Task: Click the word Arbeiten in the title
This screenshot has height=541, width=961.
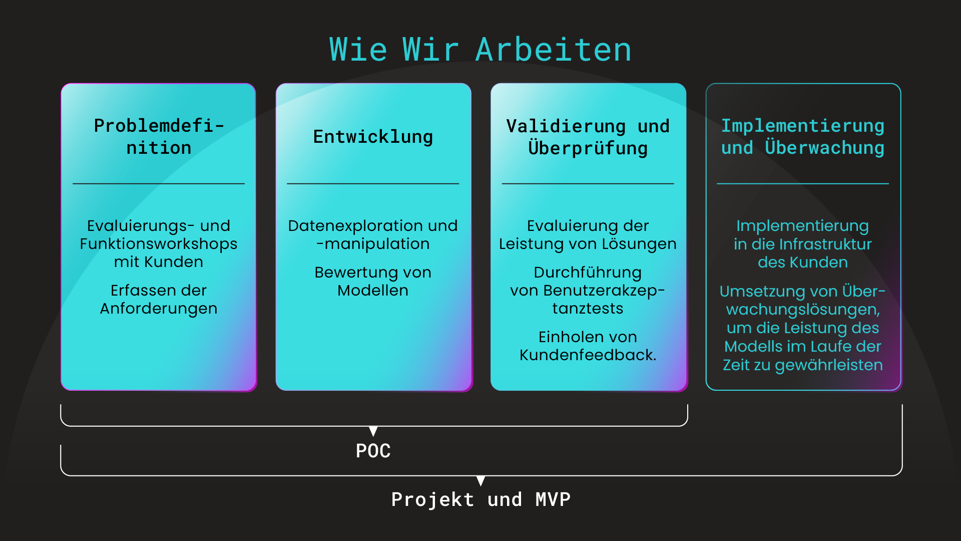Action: pyautogui.click(x=554, y=50)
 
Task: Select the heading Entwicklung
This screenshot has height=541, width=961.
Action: pyautogui.click(x=373, y=137)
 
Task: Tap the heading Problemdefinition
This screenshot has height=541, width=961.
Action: pyautogui.click(x=159, y=136)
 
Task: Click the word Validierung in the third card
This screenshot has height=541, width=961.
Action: pyautogui.click(x=566, y=126)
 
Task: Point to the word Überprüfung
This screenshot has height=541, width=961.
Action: pyautogui.click(x=588, y=148)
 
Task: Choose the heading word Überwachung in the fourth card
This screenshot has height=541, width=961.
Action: pyautogui.click(x=824, y=148)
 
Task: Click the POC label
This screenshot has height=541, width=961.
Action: pyautogui.click(x=373, y=451)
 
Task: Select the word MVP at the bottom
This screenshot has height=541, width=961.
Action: pyautogui.click(x=553, y=499)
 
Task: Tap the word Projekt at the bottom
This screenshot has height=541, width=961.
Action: pyautogui.click(x=432, y=499)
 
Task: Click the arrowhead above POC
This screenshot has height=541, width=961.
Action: pyautogui.click(x=373, y=431)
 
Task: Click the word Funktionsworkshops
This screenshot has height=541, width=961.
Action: pyautogui.click(x=159, y=244)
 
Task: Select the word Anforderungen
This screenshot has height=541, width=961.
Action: pyautogui.click(x=159, y=309)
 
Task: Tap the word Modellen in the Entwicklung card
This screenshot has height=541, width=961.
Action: pyautogui.click(x=373, y=291)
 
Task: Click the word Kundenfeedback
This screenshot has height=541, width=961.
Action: pyautogui.click(x=587, y=355)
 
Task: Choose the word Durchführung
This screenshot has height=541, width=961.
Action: pyautogui.click(x=588, y=273)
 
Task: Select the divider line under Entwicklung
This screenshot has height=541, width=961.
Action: pyautogui.click(x=373, y=184)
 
